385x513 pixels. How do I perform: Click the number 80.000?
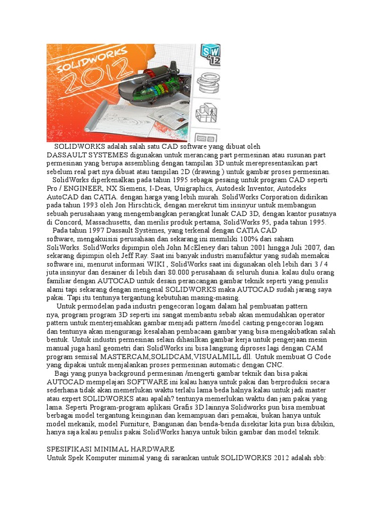tap(142, 273)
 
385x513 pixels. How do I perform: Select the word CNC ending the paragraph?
tap(275, 365)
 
